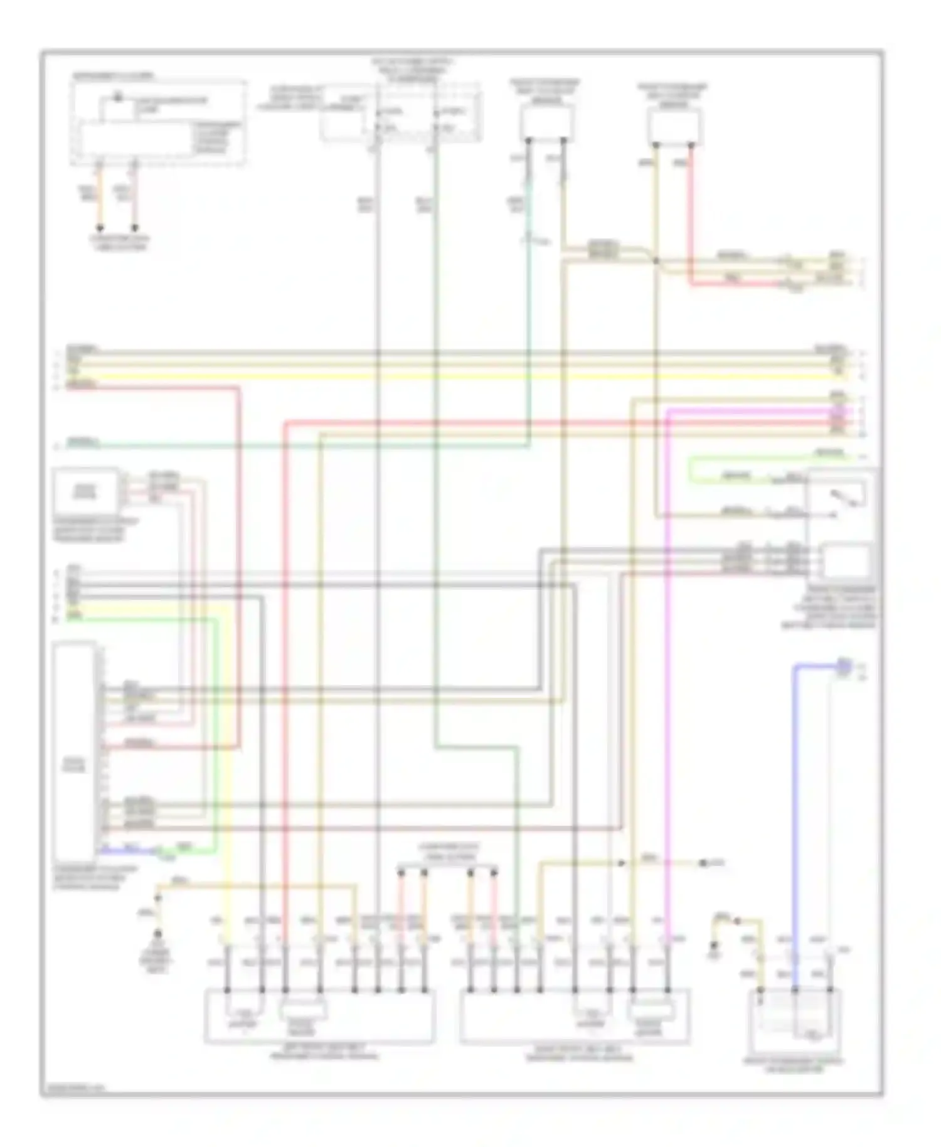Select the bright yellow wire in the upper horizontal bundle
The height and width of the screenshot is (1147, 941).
[x=439, y=377]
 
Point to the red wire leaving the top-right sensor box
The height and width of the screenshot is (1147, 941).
[x=691, y=213]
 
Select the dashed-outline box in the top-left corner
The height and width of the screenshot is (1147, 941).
[x=157, y=122]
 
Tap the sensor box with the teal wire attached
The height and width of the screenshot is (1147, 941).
[x=546, y=122]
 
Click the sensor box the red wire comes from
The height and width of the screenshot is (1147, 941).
[x=674, y=126]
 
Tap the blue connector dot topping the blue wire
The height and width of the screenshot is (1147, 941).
[x=844, y=666]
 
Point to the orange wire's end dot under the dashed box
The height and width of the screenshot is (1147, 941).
[x=100, y=230]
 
